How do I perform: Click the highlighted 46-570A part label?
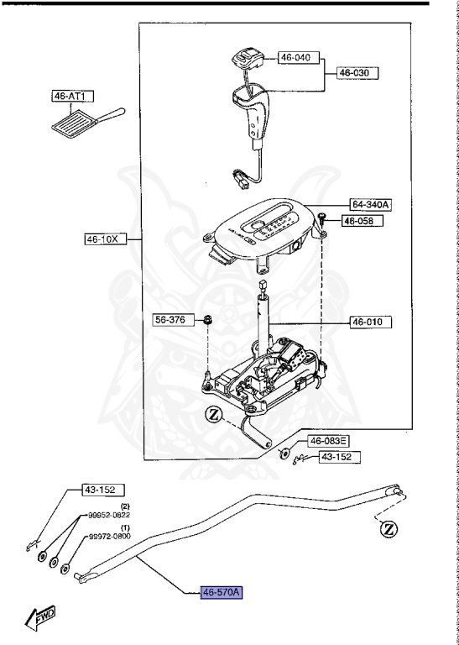[x=222, y=592]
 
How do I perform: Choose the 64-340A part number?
[x=370, y=205]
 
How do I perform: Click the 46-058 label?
[x=362, y=221]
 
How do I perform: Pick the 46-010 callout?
[x=370, y=321]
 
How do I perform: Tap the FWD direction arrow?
[x=39, y=620]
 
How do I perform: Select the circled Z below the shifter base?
[x=213, y=415]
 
